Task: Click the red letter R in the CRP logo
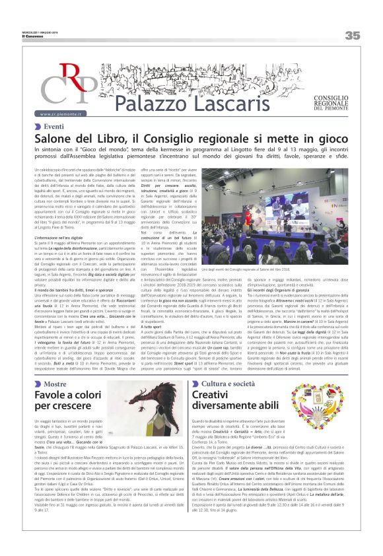(69, 75)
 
